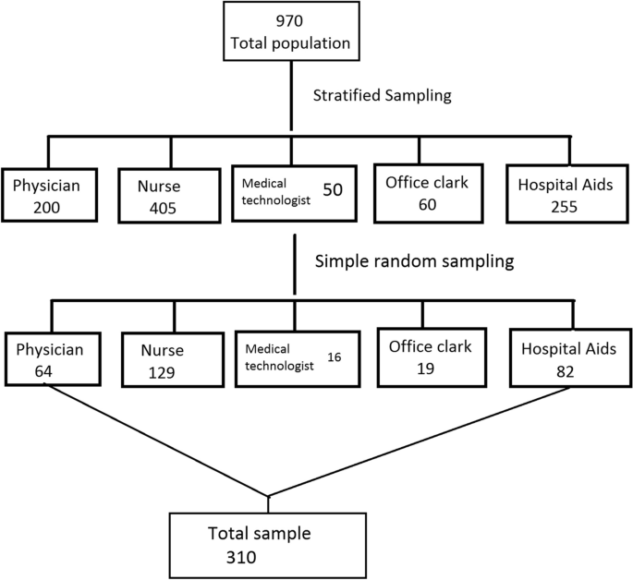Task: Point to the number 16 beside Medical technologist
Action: tap(335, 354)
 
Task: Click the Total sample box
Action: tap(268, 543)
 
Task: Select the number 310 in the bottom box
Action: tap(241, 557)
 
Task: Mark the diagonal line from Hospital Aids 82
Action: tap(416, 441)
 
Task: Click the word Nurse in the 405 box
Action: tap(163, 185)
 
